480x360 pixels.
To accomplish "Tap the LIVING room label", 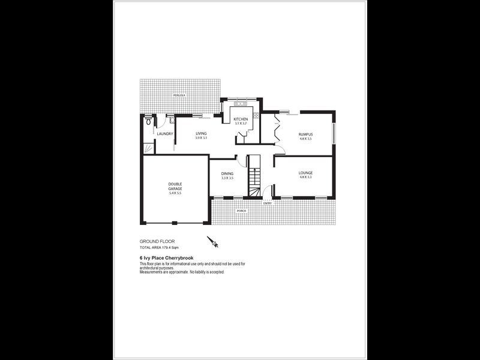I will [201, 133].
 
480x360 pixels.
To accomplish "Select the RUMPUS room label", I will [306, 133].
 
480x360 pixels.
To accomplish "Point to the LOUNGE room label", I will [306, 173].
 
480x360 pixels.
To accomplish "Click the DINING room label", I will [227, 173].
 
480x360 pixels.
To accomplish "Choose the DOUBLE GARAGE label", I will [175, 186].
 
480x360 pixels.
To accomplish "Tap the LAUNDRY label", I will [166, 134].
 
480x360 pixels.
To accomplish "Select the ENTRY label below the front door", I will [267, 203].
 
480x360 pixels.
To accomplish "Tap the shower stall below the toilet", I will [148, 146].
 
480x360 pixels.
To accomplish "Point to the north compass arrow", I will [212, 242].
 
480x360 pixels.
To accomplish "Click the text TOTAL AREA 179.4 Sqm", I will [159, 247].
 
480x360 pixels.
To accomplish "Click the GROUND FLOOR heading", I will [157, 241].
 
